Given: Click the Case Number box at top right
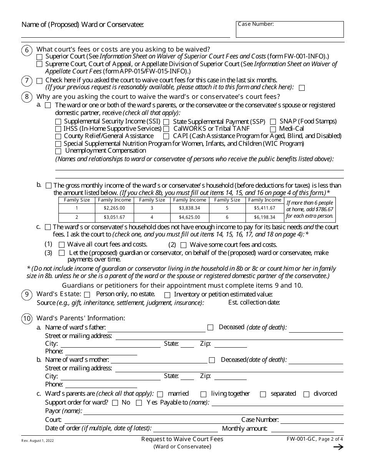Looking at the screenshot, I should tap(290, 30).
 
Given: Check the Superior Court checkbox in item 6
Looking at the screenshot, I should tap(40, 57).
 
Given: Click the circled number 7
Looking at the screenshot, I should tap(27, 81).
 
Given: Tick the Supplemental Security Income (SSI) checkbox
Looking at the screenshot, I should tap(58, 122).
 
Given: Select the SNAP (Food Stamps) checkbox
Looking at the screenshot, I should tap(273, 122).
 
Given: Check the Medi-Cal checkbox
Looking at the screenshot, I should tap(273, 129).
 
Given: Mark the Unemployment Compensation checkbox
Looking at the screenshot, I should tap(58, 151).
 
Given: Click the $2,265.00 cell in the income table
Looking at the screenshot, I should tap(114, 208).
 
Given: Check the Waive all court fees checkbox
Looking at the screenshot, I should tap(61, 245).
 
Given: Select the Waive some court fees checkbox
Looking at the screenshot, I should tap(184, 245).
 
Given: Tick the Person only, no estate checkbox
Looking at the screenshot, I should tap(87, 295).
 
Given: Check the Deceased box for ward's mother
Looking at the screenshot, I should tap(212, 360).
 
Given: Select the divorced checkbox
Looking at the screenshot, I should tap(307, 394).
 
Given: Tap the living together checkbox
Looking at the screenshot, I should tap(204, 394).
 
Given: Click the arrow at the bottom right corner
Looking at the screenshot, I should tap(338, 447).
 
